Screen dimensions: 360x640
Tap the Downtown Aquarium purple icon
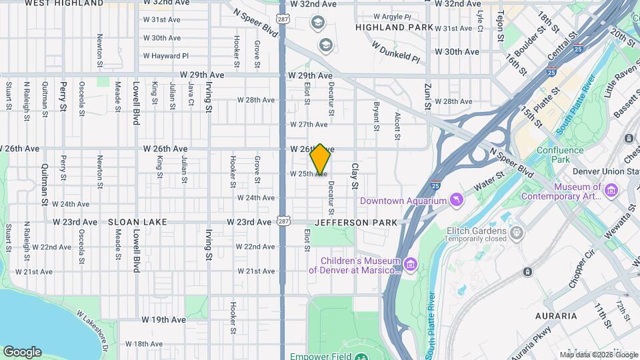click(455, 201)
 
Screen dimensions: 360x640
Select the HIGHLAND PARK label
click(395, 27)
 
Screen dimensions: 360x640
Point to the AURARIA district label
click(556, 315)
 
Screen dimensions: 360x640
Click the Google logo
click(22, 351)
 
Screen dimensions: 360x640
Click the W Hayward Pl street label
click(166, 56)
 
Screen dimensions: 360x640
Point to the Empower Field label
click(320, 355)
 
